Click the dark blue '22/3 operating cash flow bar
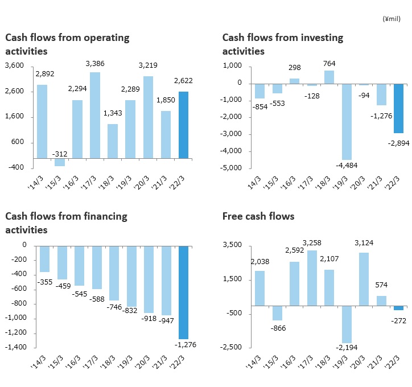[183, 125]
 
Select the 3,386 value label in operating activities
[95, 63]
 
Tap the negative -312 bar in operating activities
[60, 162]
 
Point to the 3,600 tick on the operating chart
[15, 66]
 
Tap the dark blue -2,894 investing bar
[399, 108]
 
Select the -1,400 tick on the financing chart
[16, 347]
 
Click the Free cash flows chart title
[258, 216]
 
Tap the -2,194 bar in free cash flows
[347, 324]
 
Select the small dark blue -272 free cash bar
[399, 308]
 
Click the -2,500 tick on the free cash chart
[233, 347]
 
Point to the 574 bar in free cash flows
[381, 300]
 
